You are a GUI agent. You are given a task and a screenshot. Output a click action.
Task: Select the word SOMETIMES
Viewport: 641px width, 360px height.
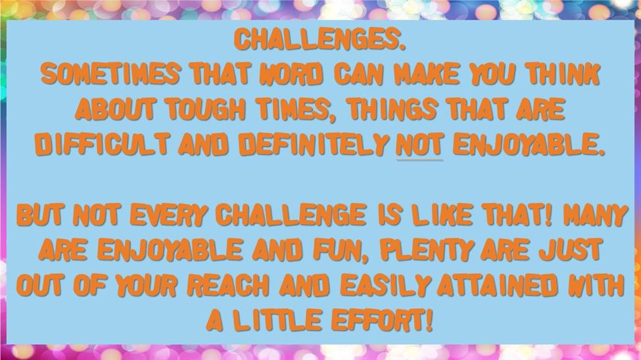coord(110,74)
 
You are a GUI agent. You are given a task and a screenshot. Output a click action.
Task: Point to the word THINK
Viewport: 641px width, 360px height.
coord(563,74)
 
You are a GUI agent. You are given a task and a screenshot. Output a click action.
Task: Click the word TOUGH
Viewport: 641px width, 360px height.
coord(205,110)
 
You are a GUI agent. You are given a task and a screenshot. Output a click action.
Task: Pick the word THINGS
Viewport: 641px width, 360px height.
coord(392,110)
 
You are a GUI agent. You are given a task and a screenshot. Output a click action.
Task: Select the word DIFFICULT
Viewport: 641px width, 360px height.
coord(102,145)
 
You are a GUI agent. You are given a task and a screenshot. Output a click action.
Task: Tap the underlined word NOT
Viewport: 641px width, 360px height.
coord(420,145)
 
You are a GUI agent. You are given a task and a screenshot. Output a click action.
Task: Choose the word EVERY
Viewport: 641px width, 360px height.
coord(168,215)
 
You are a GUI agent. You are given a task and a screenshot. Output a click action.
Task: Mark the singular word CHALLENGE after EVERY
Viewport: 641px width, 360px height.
coord(291,215)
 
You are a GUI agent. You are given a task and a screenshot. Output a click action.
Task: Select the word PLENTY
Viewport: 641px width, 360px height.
coord(427,250)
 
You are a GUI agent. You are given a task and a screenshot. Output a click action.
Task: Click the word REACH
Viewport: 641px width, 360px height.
coord(228,285)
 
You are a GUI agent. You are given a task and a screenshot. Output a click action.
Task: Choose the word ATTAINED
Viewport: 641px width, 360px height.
coord(497,285)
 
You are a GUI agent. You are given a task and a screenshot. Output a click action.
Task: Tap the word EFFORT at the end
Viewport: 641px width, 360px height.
coord(381,320)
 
